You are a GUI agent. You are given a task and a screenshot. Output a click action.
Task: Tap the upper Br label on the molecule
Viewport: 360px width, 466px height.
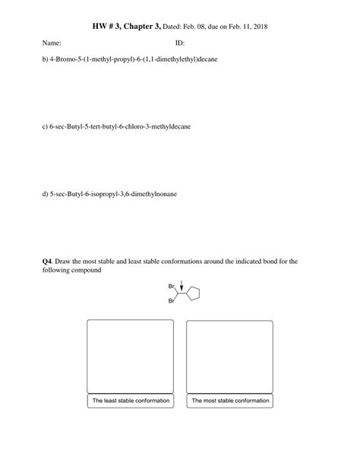click(x=170, y=286)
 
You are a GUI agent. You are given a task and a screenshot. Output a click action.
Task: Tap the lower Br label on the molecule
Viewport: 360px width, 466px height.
click(x=170, y=302)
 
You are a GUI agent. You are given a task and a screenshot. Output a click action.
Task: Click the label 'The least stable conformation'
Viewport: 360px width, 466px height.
click(x=130, y=401)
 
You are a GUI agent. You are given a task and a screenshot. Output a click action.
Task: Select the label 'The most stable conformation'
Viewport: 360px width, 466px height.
click(x=229, y=401)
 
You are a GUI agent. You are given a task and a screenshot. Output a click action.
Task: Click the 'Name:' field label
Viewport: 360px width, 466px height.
click(x=52, y=43)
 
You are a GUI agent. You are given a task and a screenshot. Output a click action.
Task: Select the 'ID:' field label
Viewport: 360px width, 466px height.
click(x=180, y=43)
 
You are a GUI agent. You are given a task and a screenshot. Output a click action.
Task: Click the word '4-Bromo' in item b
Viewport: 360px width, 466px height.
click(x=66, y=59)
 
